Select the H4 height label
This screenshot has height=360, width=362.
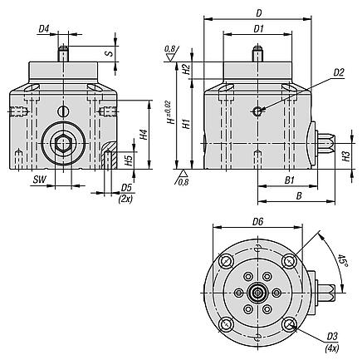144,133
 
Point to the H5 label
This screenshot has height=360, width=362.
128,158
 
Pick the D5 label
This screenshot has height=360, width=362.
127,188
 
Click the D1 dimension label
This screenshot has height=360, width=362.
258,29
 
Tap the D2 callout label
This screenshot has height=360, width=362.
338,72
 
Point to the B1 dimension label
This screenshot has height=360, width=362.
290,179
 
